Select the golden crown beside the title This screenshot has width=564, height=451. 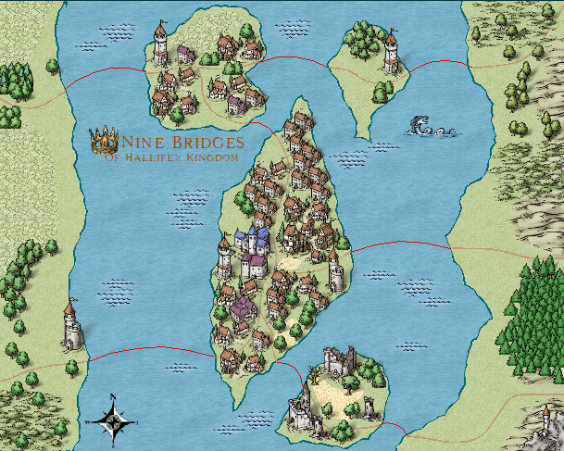pyautogui.click(x=103, y=141)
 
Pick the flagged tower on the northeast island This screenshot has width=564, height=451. pyautogui.click(x=391, y=52)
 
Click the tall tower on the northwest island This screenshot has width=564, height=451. pyautogui.click(x=160, y=44)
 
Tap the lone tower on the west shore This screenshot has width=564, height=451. pyautogui.click(x=69, y=327)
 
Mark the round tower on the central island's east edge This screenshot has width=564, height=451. pyautogui.click(x=336, y=271)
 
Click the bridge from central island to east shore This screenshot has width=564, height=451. pyautogui.click(x=398, y=244)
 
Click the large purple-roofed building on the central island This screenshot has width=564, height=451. pyautogui.click(x=244, y=307)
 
